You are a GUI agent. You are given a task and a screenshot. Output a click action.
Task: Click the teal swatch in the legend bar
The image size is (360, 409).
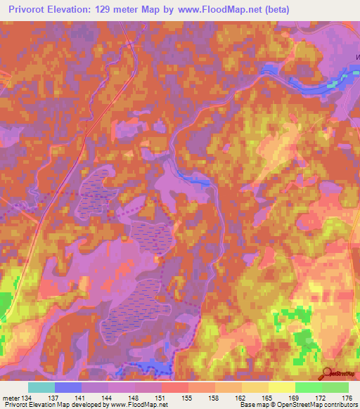(x=41, y=387)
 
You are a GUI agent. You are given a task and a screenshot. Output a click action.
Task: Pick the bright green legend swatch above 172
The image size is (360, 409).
(x=308, y=387)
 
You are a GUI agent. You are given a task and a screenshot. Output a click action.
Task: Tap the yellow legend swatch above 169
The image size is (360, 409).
(x=281, y=387)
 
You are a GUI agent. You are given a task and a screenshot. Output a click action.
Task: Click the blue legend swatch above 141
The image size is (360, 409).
(x=68, y=387)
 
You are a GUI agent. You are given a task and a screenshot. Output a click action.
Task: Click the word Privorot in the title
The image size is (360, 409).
(x=28, y=8)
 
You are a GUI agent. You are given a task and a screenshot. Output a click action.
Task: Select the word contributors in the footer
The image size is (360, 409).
(x=337, y=405)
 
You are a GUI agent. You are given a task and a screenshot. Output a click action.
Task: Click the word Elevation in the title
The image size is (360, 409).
(x=74, y=8)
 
